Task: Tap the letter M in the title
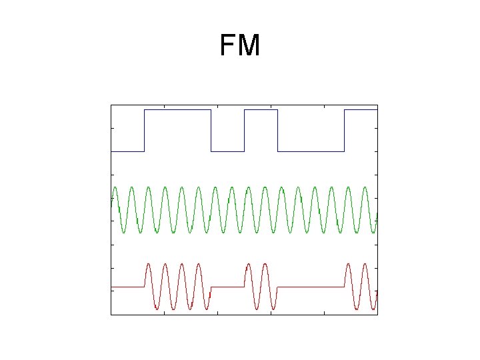[249, 46]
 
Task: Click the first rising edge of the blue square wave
[144, 131]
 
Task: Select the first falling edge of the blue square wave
[211, 131]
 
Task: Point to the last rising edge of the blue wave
[344, 131]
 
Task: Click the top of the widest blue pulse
[177, 110]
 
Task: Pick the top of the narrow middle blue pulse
[261, 110]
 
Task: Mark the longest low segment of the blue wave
[311, 151]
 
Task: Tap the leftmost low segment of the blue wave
[127, 151]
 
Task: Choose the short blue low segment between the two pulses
[227, 151]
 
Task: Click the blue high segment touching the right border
[361, 110]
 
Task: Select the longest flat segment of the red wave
[311, 287]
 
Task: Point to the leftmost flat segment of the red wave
[127, 287]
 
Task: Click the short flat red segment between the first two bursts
[227, 287]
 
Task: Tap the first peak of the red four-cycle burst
[148, 264]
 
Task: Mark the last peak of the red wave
[365, 264]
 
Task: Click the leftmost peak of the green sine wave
[115, 187]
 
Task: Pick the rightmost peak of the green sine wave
[365, 187]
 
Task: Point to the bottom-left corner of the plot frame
[111, 313]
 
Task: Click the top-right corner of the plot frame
[377, 105]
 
